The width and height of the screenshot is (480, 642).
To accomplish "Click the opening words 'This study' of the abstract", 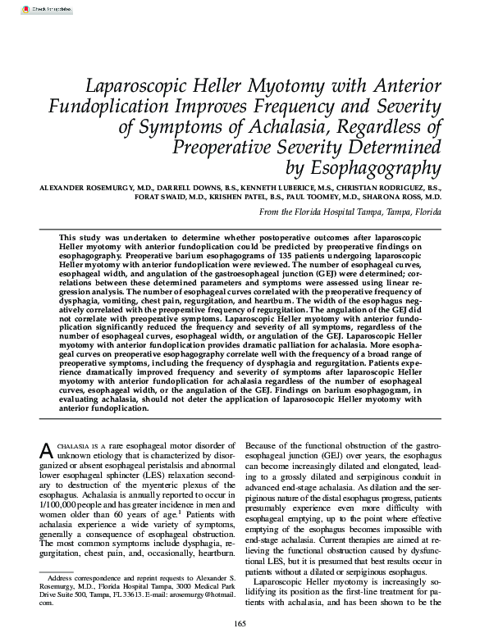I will click(x=76, y=236).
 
